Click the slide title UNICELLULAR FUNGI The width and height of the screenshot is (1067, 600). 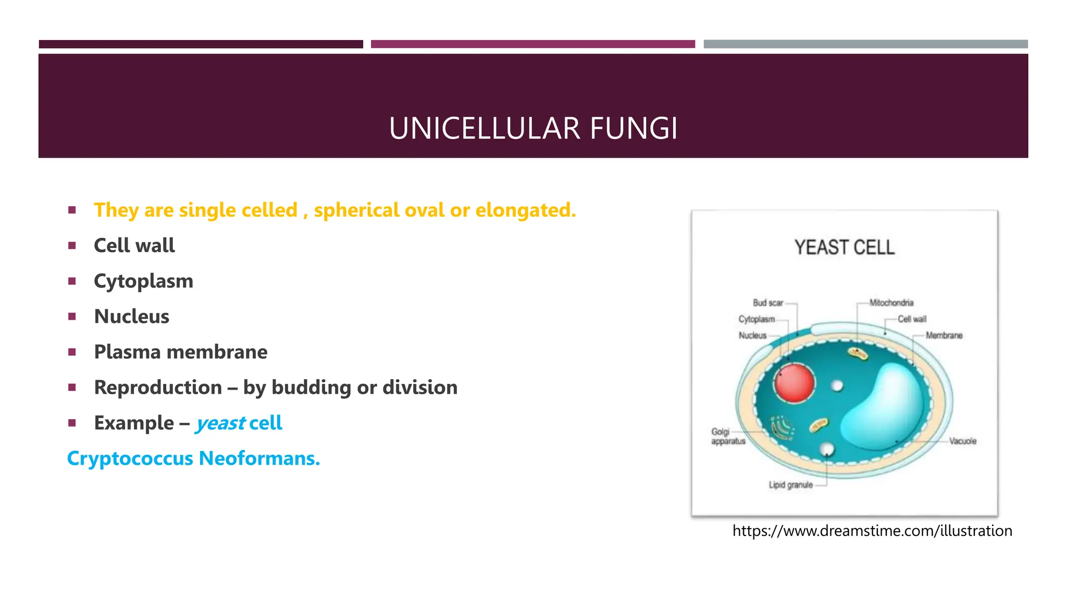pos(533,128)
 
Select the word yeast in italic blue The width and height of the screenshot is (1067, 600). pos(220,423)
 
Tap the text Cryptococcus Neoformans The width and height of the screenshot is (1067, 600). pos(193,458)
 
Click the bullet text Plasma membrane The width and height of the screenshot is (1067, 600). pos(180,352)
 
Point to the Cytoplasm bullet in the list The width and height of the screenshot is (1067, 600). pos(143,281)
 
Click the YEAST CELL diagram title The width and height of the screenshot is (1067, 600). pos(844,247)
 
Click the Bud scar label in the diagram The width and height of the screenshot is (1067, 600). pos(767,303)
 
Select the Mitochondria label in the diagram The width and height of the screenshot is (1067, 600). pos(891,303)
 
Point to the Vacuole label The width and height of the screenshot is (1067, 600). pos(962,441)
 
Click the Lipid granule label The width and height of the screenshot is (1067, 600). pos(790,485)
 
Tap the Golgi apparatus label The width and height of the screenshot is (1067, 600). pos(727,436)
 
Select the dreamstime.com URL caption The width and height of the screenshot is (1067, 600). pos(872,531)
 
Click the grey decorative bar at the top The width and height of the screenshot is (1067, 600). pos(865,44)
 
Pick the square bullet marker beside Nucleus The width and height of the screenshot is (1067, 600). pos(72,317)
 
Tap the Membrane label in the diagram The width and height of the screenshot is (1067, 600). pos(944,335)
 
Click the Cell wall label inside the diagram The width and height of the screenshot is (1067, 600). pos(912,319)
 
